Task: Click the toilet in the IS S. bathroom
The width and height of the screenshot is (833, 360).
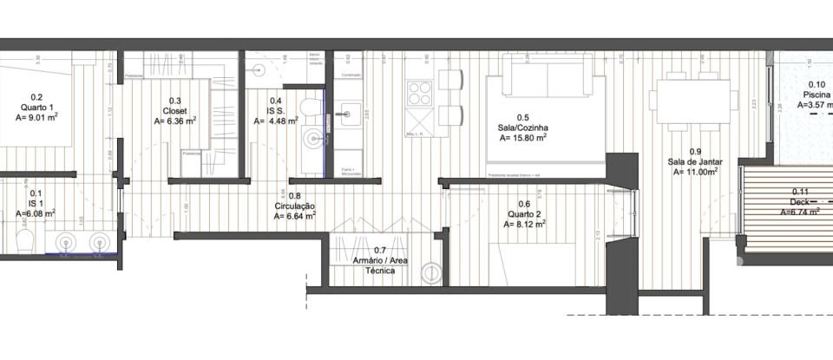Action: (310, 108)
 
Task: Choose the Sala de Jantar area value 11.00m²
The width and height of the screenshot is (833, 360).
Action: (696, 172)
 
